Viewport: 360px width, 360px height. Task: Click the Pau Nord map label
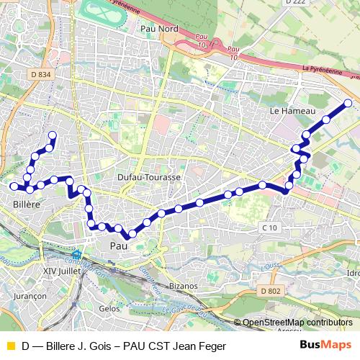160,28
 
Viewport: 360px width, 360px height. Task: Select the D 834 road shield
42,74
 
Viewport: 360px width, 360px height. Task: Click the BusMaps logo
325,345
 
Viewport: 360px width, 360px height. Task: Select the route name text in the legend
119,346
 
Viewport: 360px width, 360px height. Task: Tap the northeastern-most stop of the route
348,104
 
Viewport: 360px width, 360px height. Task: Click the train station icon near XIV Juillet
77,254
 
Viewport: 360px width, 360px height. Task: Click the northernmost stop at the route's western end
52,135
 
